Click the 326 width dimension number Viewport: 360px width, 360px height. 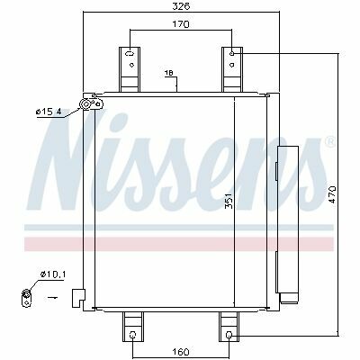[181, 6]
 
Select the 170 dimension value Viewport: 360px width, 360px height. [181, 24]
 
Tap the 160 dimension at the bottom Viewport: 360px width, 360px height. [181, 351]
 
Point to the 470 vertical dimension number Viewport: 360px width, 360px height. [331, 194]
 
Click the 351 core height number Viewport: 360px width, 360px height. [229, 201]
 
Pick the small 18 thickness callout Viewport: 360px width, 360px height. [169, 73]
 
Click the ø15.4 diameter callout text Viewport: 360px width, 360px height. [49, 112]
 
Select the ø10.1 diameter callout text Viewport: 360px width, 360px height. [53, 274]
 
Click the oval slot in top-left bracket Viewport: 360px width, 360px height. [130, 54]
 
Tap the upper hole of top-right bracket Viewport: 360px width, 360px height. [232, 54]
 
